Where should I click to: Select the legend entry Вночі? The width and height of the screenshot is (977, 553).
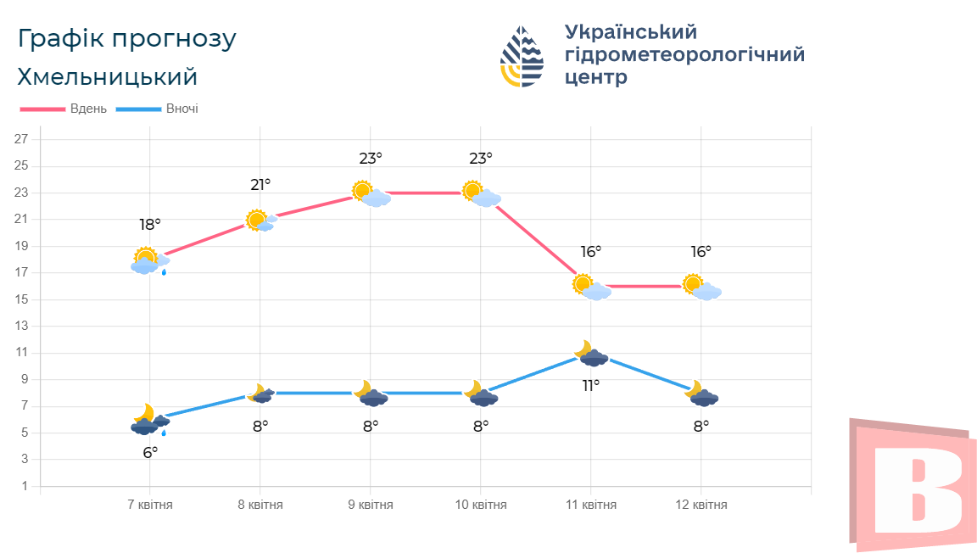pyautogui.click(x=181, y=109)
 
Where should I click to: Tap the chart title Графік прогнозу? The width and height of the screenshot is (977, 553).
pyautogui.click(x=126, y=39)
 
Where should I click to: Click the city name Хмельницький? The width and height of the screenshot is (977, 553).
pyautogui.click(x=107, y=77)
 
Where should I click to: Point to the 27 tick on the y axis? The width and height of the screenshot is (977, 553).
pyautogui.click(x=22, y=139)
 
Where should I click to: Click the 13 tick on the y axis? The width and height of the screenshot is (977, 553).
pyautogui.click(x=22, y=326)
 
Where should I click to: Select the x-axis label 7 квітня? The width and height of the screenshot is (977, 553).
pyautogui.click(x=150, y=505)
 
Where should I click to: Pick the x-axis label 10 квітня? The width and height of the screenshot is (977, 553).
pyautogui.click(x=481, y=505)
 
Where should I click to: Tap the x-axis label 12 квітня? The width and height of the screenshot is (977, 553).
pyautogui.click(x=701, y=505)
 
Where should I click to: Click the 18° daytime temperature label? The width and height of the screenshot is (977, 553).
pyautogui.click(x=150, y=225)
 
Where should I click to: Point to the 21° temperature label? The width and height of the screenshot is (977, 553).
pyautogui.click(x=260, y=184)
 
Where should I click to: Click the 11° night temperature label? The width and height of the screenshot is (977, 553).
pyautogui.click(x=591, y=386)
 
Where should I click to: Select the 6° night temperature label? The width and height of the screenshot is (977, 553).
pyautogui.click(x=150, y=453)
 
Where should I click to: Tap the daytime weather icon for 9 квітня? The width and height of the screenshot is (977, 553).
pyautogui.click(x=371, y=194)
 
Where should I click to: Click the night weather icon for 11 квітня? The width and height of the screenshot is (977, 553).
pyautogui.click(x=591, y=354)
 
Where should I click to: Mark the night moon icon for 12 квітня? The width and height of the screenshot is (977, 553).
pyautogui.click(x=702, y=394)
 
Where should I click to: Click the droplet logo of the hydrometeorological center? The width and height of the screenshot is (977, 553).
pyautogui.click(x=522, y=56)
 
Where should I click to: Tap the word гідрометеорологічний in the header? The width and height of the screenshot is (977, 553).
pyautogui.click(x=684, y=55)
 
